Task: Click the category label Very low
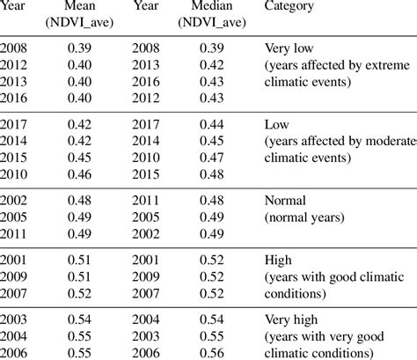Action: point(289,49)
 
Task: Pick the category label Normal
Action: point(283,199)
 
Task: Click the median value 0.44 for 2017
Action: point(210,124)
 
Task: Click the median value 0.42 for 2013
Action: point(210,64)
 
